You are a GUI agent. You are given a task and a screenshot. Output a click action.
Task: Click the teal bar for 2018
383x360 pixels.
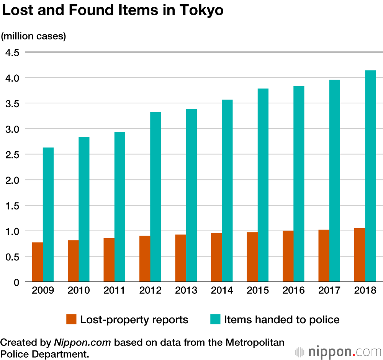370,176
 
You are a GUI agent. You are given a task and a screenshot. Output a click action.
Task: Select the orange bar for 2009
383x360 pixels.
37,262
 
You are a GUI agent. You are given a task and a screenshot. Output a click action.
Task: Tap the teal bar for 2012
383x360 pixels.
155,197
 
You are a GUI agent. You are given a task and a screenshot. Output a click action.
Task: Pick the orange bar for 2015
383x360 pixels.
252,257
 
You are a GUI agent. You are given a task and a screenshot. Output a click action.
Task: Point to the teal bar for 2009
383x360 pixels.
48,215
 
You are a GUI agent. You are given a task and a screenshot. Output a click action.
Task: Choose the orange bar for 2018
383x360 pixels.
360,255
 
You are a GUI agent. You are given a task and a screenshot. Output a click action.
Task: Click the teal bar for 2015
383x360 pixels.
263,185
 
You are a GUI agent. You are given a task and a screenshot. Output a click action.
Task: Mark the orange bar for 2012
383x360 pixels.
145,259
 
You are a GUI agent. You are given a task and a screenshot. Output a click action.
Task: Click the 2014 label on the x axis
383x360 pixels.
222,291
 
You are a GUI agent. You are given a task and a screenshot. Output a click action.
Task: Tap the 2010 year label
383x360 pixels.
79,291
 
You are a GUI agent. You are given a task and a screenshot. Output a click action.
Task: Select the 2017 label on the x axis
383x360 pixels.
329,291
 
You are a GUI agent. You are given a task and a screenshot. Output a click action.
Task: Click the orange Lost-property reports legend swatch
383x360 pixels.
72,319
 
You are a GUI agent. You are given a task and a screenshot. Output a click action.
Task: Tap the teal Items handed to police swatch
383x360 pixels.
215,319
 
